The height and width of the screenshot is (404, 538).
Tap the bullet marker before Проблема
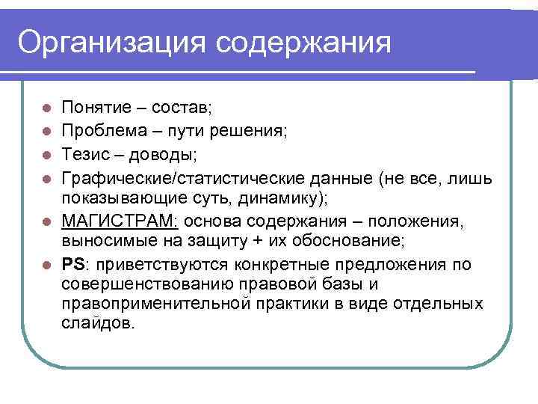46,132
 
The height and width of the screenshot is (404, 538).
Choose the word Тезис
84,156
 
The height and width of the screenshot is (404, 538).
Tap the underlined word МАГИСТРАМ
120,221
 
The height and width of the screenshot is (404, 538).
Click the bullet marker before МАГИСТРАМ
46,221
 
